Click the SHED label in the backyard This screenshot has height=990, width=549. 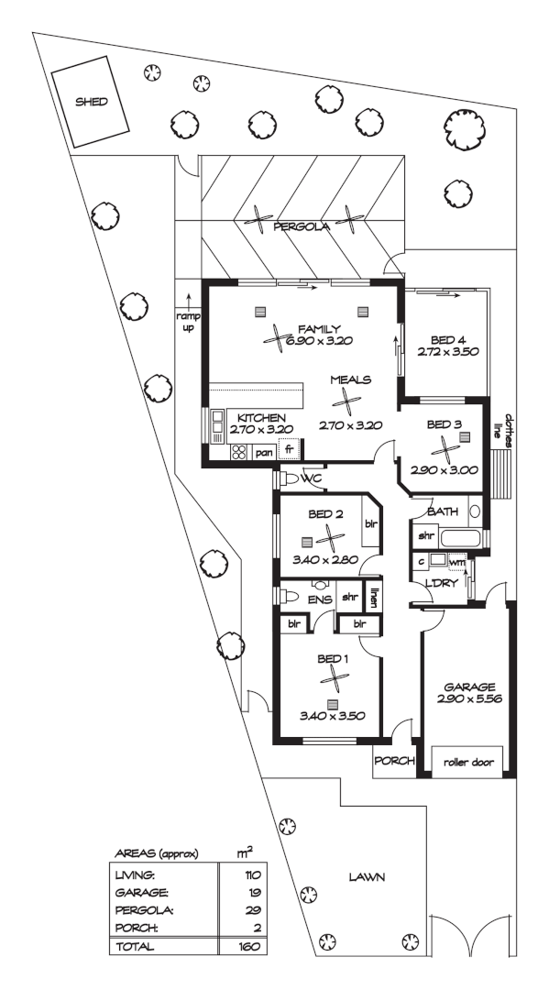[91, 104]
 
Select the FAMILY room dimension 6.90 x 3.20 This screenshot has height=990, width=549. [320, 340]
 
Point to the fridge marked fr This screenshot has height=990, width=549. [289, 450]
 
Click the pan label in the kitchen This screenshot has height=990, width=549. [264, 451]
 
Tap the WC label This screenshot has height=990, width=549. [311, 478]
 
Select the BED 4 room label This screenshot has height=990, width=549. [448, 337]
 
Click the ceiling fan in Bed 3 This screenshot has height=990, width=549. [445, 450]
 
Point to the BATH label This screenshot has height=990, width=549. [442, 511]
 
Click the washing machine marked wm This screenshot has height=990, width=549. [456, 562]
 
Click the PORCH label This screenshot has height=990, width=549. [395, 761]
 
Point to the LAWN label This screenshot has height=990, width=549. [366, 876]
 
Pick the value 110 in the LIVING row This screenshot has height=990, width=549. [245, 875]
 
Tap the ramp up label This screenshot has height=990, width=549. [187, 322]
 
